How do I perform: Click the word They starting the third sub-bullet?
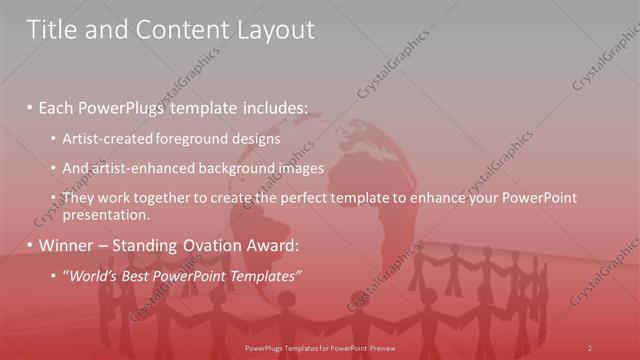point(78,199)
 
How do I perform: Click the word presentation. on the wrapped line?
point(106,214)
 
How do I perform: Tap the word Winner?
point(66,245)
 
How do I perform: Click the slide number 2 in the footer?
point(589,347)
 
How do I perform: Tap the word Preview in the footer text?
point(379,347)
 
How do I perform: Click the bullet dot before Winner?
point(31,245)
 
